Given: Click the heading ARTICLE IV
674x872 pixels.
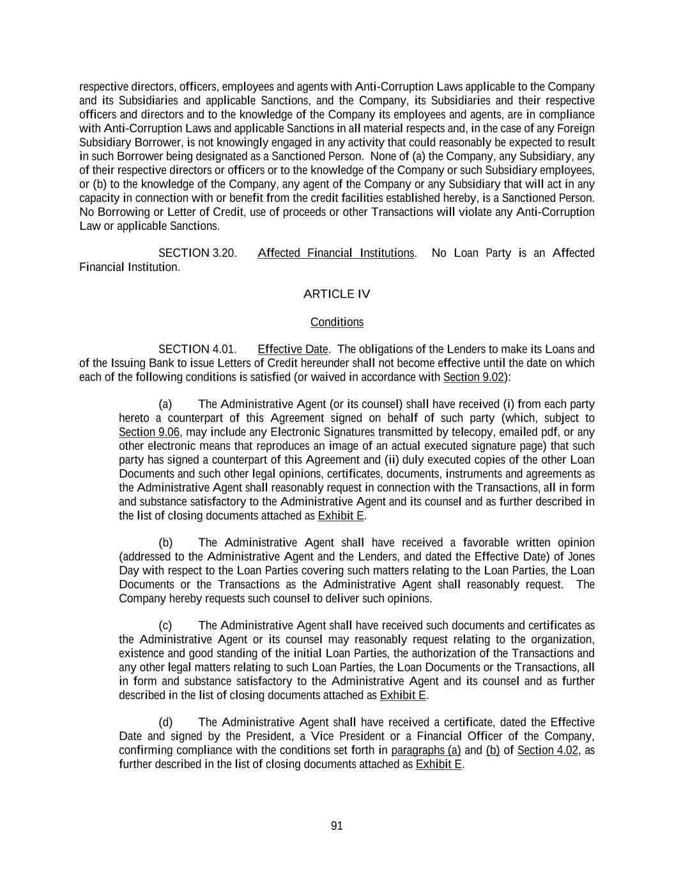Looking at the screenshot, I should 337,294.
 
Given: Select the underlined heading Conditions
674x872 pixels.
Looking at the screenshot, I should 337,322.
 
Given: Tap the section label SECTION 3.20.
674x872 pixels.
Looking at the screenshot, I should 197,253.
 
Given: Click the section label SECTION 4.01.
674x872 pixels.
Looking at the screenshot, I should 197,349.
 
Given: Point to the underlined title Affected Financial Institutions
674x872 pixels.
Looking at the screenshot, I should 336,253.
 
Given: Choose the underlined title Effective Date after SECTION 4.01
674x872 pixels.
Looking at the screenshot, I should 293,349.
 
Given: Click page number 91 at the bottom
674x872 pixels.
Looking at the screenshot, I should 337,826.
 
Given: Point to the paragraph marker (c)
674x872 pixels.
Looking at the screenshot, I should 165,625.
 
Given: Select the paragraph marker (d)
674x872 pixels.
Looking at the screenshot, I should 165,722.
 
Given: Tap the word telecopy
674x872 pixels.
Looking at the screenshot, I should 455,432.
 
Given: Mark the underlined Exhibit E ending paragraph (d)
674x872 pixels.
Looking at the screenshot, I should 439,764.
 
